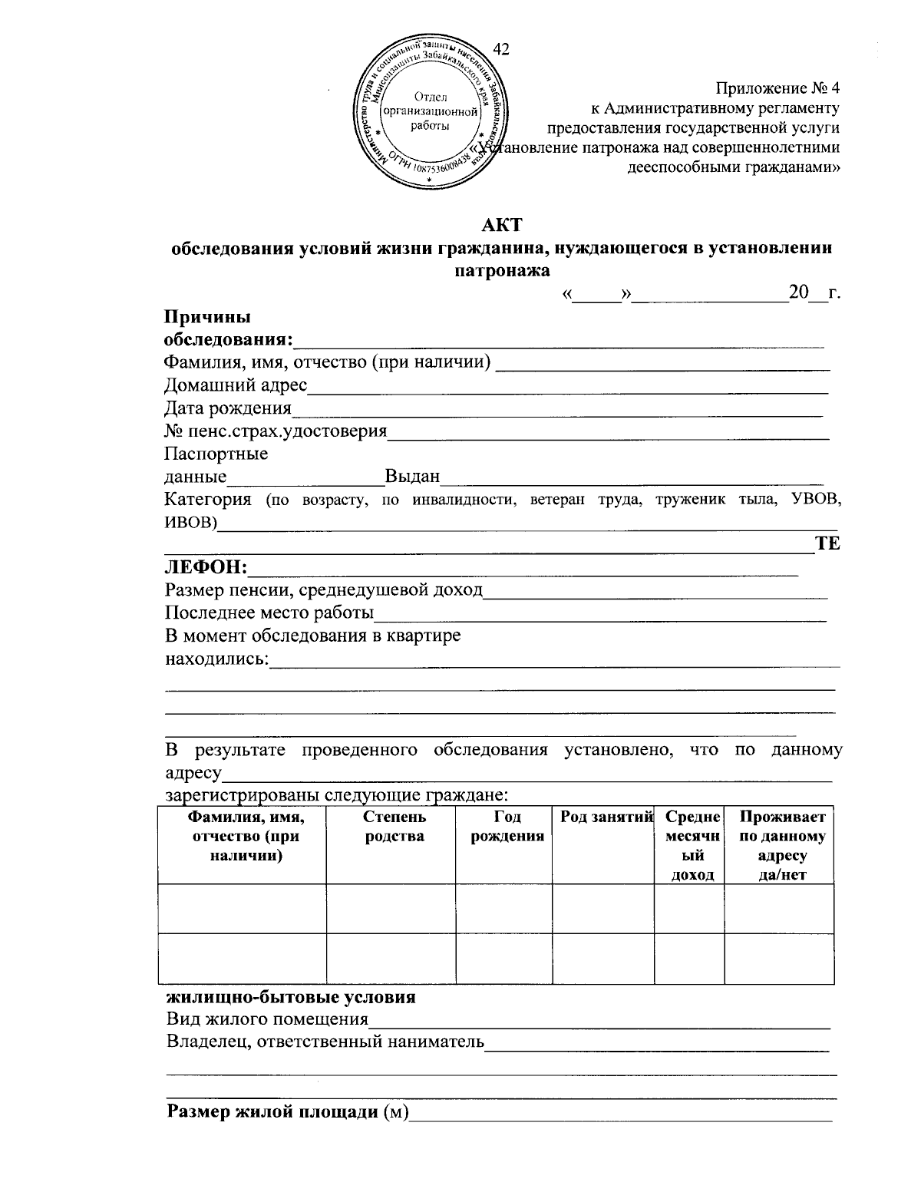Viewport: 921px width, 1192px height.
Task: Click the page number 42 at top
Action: click(501, 50)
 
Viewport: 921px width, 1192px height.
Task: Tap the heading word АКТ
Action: click(501, 225)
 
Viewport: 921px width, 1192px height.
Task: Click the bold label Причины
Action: click(207, 316)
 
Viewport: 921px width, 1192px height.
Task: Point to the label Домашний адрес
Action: click(236, 385)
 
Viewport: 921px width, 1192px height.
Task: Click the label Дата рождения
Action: click(228, 408)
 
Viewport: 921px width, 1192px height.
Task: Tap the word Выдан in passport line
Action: click(412, 477)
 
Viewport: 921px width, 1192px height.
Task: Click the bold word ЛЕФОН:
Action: click(206, 567)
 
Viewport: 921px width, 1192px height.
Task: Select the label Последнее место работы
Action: click(269, 613)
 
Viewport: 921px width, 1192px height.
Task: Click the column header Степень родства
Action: click(391, 827)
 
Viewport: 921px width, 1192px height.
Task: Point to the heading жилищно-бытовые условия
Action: click(291, 997)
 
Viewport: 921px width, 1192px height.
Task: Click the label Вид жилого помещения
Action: click(267, 1019)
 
